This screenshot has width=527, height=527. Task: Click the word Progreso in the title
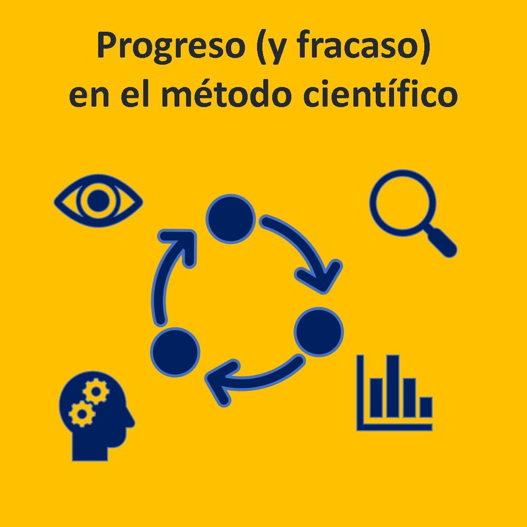point(171,47)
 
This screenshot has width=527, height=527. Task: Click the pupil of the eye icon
point(98,201)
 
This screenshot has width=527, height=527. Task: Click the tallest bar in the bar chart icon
point(393,386)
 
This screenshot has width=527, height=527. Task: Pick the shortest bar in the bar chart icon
point(426,407)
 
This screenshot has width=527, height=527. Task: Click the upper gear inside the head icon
point(96,390)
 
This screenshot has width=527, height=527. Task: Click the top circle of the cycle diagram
point(231,219)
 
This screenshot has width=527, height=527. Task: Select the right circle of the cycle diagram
point(319,332)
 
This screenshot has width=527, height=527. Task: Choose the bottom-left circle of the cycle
point(175,352)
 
